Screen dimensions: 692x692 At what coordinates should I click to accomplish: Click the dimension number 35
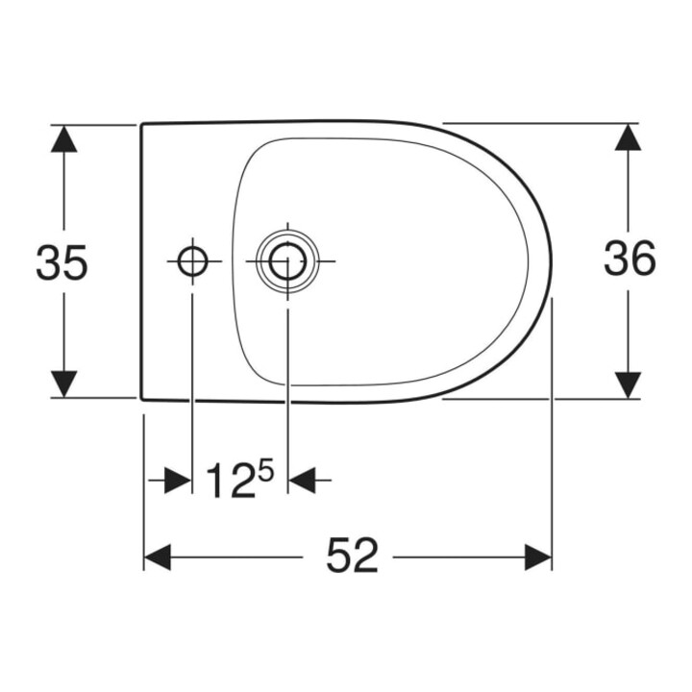[x=62, y=261]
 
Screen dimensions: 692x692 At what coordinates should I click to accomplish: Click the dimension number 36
[x=630, y=259]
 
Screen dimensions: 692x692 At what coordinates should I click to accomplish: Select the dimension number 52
[x=352, y=556]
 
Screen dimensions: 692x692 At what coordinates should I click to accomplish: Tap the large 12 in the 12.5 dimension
[x=231, y=481]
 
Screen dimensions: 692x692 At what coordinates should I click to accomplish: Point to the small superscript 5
[x=265, y=470]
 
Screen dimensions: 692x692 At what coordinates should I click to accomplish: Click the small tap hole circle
[x=192, y=261]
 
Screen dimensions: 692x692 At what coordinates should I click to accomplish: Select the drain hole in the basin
[x=287, y=261]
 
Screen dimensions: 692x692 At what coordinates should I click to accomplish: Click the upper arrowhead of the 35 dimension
[x=64, y=138]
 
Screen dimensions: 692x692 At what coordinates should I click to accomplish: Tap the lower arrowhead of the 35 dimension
[x=64, y=383]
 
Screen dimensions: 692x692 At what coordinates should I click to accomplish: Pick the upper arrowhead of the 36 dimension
[x=628, y=137]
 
